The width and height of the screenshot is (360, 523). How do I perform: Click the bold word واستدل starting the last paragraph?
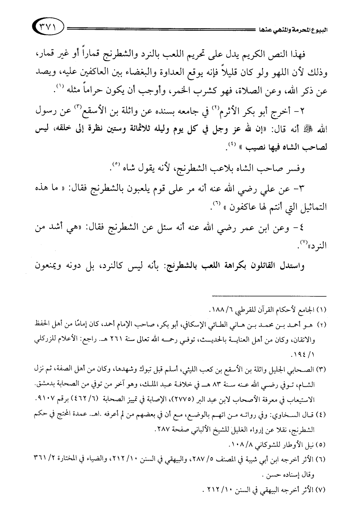click(x=299, y=266)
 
